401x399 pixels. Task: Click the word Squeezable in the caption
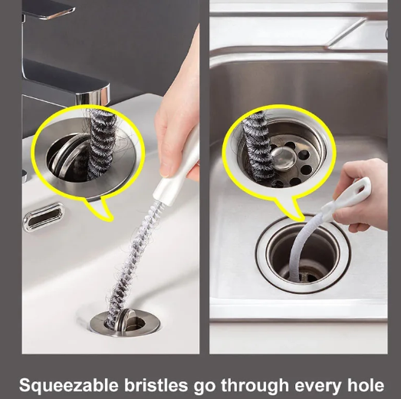coord(69,386)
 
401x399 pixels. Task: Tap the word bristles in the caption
coord(156,385)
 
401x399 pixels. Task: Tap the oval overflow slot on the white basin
coord(44,217)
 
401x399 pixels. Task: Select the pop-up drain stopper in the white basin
coord(125,322)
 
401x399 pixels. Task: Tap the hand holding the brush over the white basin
coord(177,110)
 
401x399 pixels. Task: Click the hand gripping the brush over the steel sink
coord(363,193)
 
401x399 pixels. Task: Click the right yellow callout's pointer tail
coord(291,209)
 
